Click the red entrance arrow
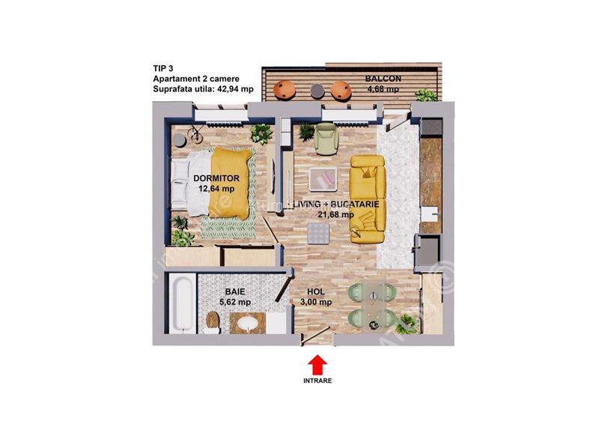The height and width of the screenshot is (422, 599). (x=317, y=364)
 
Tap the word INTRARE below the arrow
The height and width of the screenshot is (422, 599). (x=317, y=381)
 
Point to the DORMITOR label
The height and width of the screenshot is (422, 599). (x=216, y=178)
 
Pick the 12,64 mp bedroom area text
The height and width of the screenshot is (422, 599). (x=216, y=189)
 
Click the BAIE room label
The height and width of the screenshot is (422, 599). (x=234, y=292)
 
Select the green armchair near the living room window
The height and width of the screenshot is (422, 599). (x=326, y=138)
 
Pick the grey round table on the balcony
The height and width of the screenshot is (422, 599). (x=315, y=91)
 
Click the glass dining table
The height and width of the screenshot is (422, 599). (x=370, y=303)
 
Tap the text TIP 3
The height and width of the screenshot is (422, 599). (x=164, y=68)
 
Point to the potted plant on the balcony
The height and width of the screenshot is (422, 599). (x=426, y=95)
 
